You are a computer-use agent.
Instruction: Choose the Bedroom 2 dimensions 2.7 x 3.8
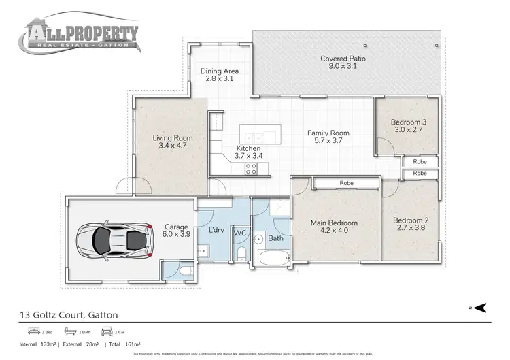[409, 229]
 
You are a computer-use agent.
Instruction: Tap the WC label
[240, 233]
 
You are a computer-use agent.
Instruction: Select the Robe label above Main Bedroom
[347, 183]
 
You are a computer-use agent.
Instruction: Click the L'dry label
[216, 230]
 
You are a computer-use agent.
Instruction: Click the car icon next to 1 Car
[105, 332]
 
